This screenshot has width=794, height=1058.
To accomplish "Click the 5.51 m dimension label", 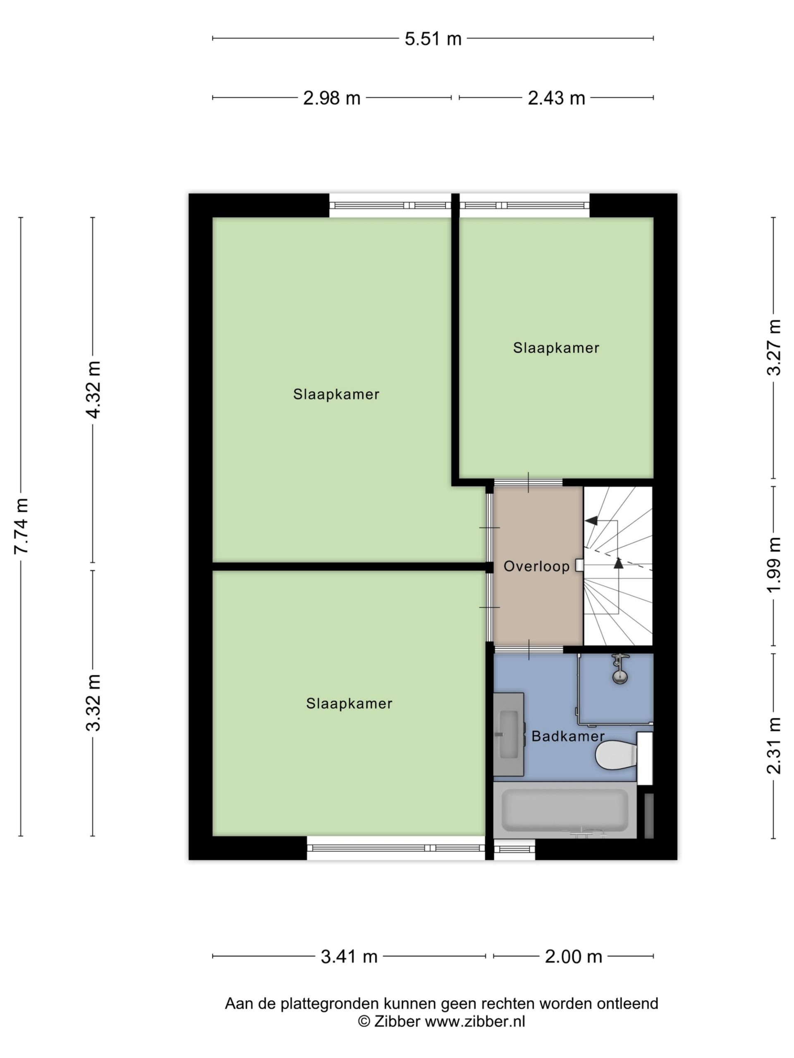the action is (x=433, y=39).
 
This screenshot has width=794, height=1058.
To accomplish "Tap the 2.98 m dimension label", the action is (x=331, y=98).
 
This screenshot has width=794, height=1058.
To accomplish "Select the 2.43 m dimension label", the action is (x=556, y=98).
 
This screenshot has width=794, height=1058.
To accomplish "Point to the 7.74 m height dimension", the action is (x=21, y=526).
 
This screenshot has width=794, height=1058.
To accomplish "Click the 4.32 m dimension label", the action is (x=93, y=389).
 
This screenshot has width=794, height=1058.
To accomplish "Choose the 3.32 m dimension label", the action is (x=93, y=703).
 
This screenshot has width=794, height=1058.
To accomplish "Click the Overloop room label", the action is (x=536, y=567).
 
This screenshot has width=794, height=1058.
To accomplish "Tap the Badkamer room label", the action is (x=568, y=736).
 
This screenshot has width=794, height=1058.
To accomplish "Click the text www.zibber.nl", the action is (x=475, y=1022).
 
